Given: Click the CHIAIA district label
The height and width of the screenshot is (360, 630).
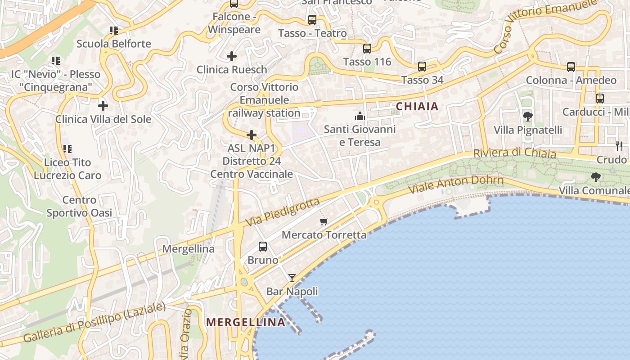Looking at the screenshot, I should point(417,106).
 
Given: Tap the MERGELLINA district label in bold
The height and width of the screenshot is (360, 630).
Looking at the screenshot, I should point(246,322).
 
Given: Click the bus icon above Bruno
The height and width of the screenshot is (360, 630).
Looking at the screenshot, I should point(263,247).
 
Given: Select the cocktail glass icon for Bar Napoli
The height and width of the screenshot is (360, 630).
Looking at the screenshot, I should point(292,278).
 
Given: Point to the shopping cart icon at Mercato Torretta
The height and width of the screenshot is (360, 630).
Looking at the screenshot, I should point(324,221).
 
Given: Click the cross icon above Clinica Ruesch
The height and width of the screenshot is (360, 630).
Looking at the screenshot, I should point(232,56).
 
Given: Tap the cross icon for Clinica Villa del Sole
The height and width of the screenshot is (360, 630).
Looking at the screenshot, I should point(103,106).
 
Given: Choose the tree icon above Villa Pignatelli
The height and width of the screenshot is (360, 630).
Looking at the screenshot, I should point(528,117).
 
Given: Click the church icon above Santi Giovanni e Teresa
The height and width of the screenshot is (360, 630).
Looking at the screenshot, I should point(360,117).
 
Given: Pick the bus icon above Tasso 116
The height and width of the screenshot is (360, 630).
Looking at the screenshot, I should point(367,49).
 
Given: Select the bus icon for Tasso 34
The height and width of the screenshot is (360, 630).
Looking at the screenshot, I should point(422,67).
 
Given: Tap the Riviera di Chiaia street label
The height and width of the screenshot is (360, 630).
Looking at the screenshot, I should point(514,153).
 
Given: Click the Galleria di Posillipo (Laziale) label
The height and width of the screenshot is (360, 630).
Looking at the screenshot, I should point(94,322).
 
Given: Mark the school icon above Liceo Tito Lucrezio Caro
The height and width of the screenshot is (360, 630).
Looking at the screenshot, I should point(67,148).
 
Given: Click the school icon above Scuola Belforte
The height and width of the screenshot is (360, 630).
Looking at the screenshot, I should point(114,31).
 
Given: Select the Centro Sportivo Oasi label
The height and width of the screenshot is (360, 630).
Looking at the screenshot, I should point(79,207).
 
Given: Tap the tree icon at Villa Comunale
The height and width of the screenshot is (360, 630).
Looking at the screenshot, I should point(596,177).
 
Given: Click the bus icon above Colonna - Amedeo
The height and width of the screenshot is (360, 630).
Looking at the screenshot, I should point(571,67).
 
